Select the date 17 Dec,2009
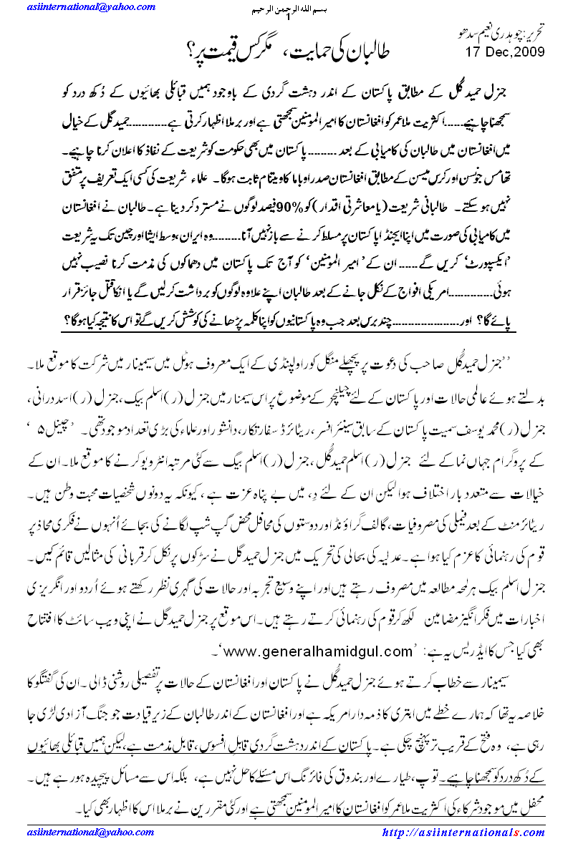(x=510, y=52)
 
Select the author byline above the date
(x=502, y=35)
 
